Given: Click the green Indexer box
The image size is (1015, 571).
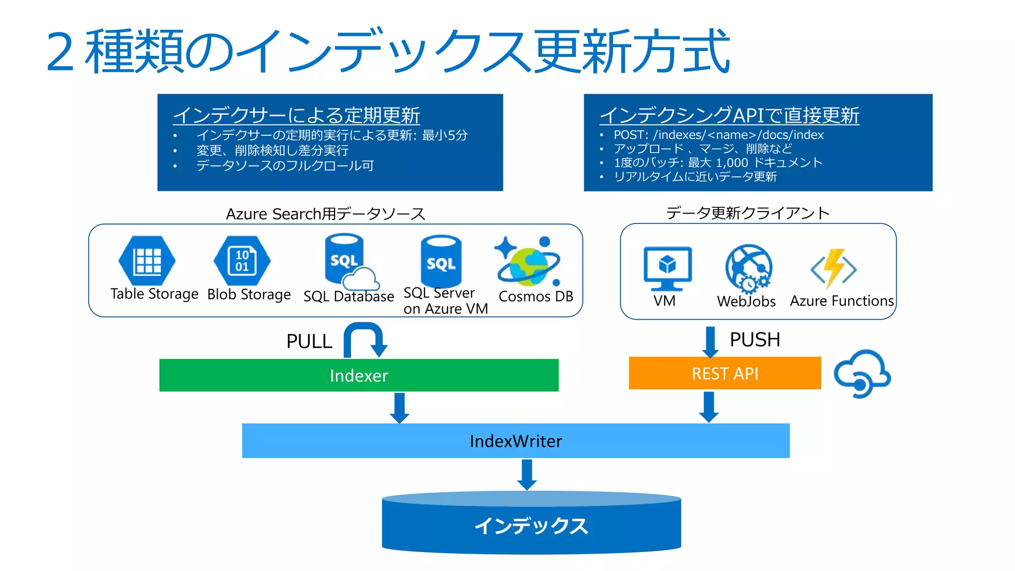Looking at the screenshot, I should tap(359, 375).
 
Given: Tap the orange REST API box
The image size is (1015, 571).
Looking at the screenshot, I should tap(725, 373).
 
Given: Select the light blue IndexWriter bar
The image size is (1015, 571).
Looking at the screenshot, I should tap(515, 441).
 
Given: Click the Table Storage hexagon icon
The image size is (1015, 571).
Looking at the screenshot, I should tap(147, 261).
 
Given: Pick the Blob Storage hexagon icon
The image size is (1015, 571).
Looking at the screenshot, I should tap(242, 261).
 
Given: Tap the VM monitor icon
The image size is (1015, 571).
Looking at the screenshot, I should tap(667, 268).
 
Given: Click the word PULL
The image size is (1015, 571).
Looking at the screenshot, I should tap(309, 342).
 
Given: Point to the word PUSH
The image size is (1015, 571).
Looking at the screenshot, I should tap(755, 340).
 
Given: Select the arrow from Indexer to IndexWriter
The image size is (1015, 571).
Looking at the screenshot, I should tap(399, 407).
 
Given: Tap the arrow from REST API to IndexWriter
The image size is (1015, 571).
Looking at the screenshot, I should tap(709, 406).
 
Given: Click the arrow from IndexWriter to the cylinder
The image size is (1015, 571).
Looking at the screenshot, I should tap(527, 474).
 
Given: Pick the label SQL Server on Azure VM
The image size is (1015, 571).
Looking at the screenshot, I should tap(445, 301).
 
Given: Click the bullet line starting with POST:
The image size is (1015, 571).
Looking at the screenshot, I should tap(718, 135).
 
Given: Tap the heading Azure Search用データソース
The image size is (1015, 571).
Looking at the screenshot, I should tap(326, 214).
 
